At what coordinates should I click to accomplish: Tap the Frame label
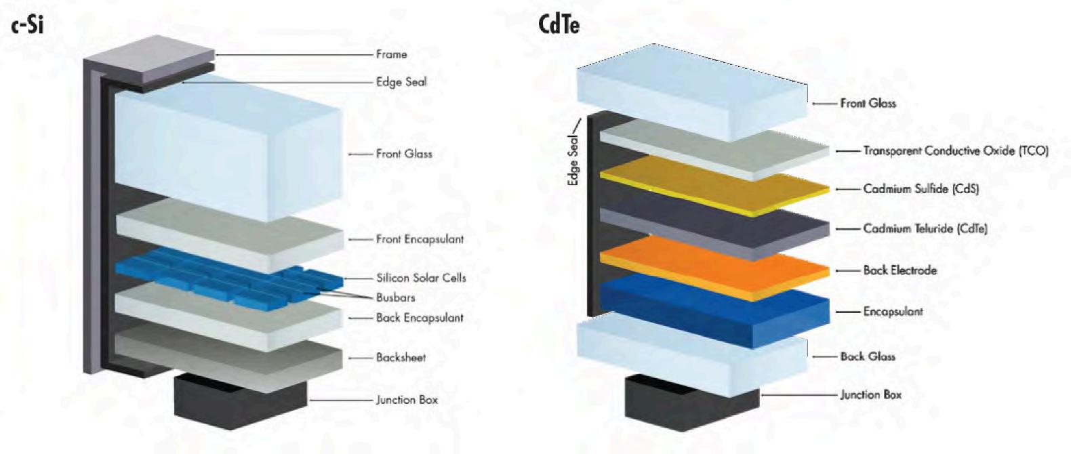[x=391, y=54]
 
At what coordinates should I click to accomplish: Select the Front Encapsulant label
[x=420, y=239]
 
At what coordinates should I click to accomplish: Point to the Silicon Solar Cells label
[x=421, y=278]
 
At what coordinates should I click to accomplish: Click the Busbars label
[x=395, y=297]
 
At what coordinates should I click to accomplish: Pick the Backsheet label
[x=401, y=357]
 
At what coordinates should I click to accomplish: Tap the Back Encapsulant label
[x=420, y=318]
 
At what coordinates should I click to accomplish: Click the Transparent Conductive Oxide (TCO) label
[x=955, y=150]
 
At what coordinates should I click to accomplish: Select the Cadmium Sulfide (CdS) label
[x=921, y=188]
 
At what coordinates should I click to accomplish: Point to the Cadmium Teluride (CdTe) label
[x=925, y=228]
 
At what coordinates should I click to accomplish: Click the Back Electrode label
[x=900, y=270]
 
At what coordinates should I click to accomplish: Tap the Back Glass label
[x=868, y=356]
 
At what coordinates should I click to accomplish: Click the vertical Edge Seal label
[x=573, y=162]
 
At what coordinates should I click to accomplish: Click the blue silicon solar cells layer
[x=224, y=278]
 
